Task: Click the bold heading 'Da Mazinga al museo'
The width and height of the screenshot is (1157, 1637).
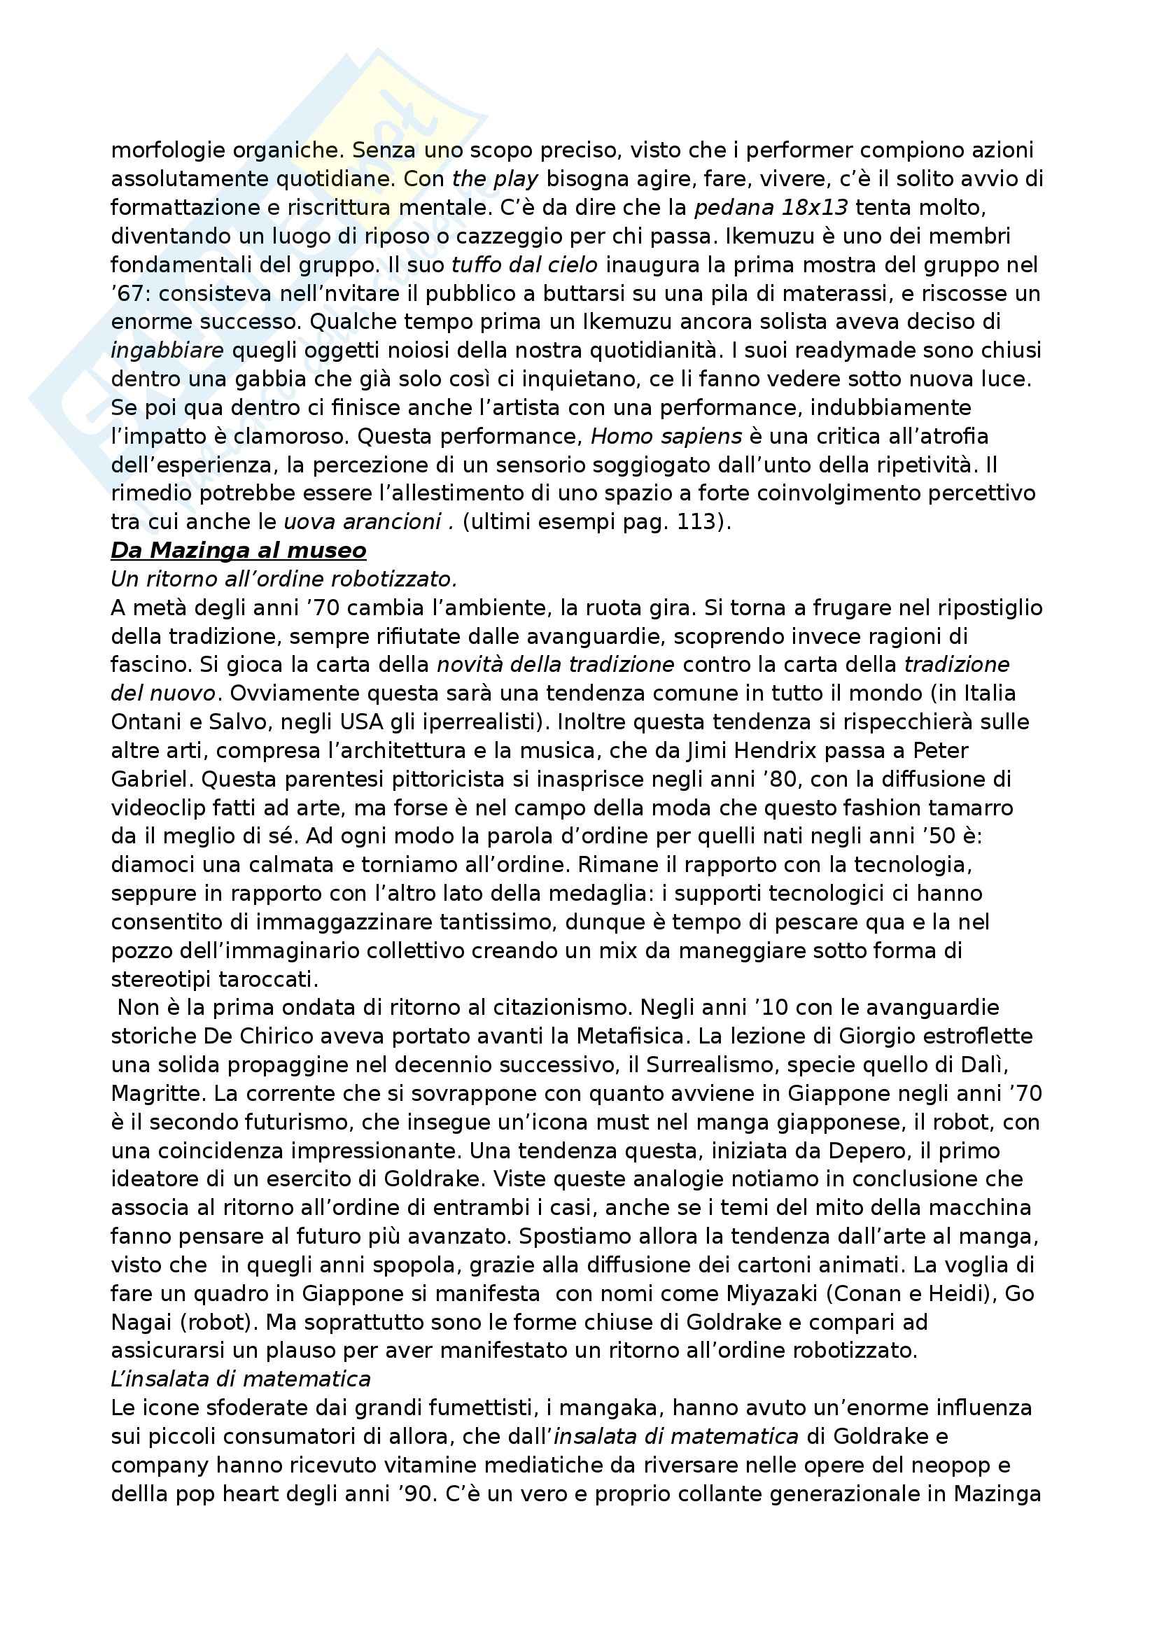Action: pos(238,550)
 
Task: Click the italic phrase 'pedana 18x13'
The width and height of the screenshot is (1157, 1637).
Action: pos(771,207)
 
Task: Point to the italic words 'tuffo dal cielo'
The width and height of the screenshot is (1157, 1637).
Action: pos(525,265)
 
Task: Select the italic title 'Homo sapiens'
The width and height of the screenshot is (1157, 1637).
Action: pos(666,435)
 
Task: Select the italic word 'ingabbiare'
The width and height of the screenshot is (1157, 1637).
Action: pos(167,350)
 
